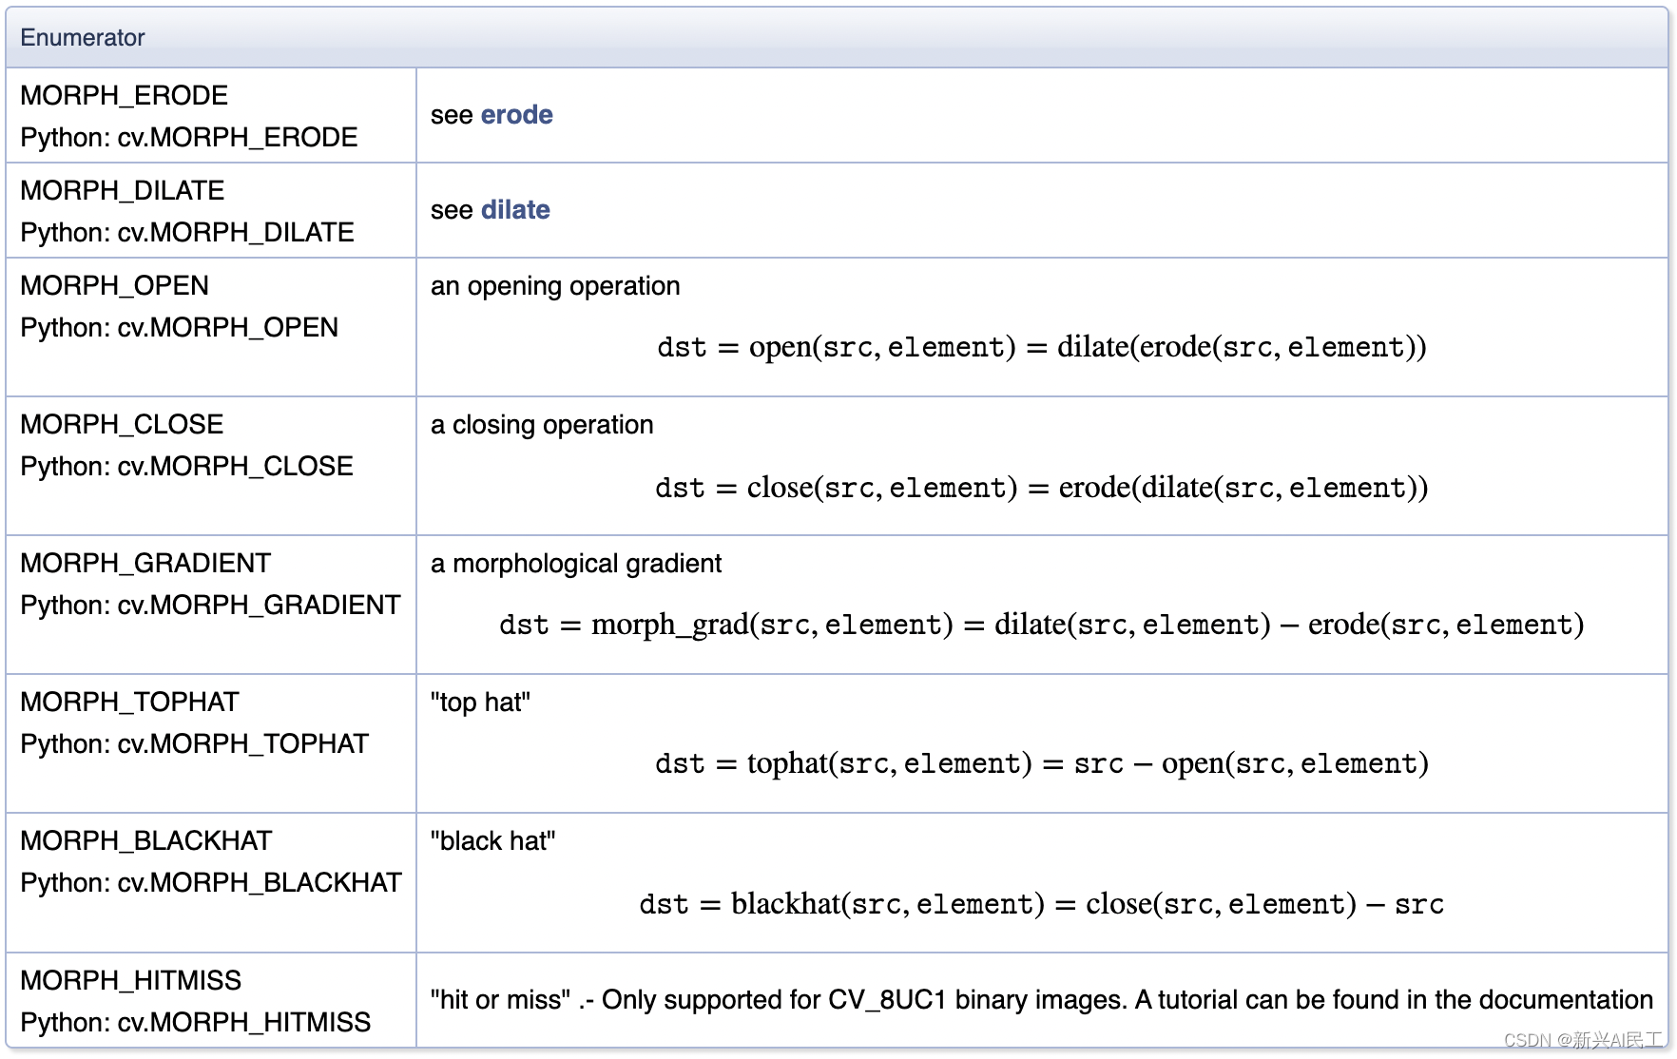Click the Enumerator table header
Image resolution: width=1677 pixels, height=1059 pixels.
coord(83,38)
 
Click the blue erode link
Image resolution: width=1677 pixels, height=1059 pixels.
coord(517,115)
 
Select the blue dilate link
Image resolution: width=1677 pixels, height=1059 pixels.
coord(516,210)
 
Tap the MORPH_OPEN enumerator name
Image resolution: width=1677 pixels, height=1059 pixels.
coord(114,286)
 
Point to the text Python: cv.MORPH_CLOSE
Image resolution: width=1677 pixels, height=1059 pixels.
coord(186,467)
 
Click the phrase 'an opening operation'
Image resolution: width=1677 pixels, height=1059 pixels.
coord(555,287)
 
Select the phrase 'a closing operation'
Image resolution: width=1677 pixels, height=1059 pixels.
coord(542,426)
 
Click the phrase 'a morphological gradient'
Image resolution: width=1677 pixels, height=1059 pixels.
coord(576,565)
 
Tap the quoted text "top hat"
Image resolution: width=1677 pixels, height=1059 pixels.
coord(480,703)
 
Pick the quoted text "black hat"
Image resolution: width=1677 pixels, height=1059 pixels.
coord(492,841)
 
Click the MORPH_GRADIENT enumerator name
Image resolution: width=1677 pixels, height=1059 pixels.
coord(145,564)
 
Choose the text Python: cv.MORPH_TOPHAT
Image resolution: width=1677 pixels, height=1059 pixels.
coord(194,744)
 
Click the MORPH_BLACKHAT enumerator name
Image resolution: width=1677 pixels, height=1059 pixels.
coord(145,841)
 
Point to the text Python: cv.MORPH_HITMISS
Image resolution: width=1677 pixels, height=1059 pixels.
coord(195,1023)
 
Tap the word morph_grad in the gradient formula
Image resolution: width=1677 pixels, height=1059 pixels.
coord(670,626)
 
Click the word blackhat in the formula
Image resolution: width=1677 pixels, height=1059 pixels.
coord(785,904)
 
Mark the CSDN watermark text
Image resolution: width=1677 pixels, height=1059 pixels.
coord(1584,1040)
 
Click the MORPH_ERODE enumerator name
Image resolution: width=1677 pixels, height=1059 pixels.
coord(124,96)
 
